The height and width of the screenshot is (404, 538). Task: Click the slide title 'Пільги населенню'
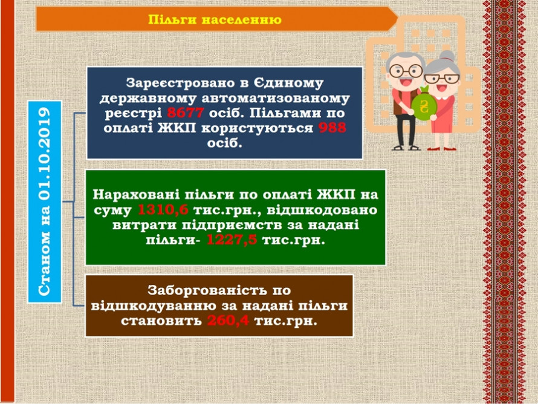pos(215,19)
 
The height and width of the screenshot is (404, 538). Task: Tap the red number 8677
pos(186,112)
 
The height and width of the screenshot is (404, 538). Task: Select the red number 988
pos(332,128)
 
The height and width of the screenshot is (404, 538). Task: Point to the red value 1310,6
pos(163,210)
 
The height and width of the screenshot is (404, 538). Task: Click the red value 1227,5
pos(232,240)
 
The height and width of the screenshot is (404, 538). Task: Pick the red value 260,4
pos(228,321)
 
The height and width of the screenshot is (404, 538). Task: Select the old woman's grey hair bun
pos(447,56)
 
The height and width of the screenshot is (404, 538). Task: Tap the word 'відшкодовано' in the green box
pos(322,210)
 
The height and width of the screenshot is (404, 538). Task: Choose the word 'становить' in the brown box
pos(161,321)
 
